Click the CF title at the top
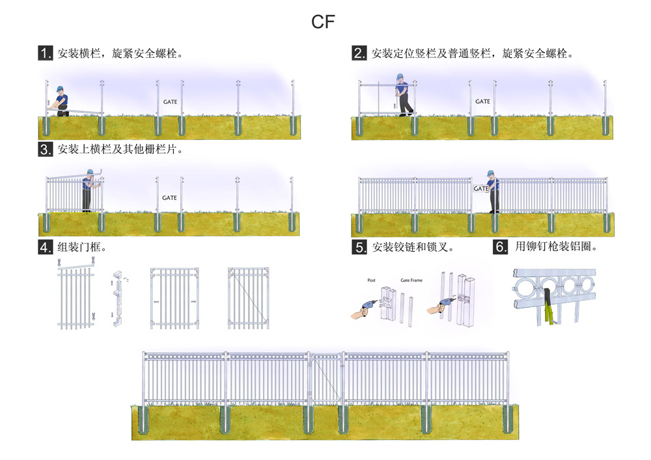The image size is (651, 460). pos(323,21)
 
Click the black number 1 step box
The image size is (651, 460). pos(45,53)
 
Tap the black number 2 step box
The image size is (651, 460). pos(359,53)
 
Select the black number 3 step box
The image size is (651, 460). pos(45,150)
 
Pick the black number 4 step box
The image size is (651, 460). pos(45,247)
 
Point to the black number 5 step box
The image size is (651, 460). pos(359,247)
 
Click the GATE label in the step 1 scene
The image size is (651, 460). pos(169,101)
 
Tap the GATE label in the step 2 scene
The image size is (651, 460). pos(482,101)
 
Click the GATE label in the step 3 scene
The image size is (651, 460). pos(169,198)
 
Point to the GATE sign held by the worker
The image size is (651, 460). pos(481,189)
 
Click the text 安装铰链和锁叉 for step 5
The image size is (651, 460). pos(412,247)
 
